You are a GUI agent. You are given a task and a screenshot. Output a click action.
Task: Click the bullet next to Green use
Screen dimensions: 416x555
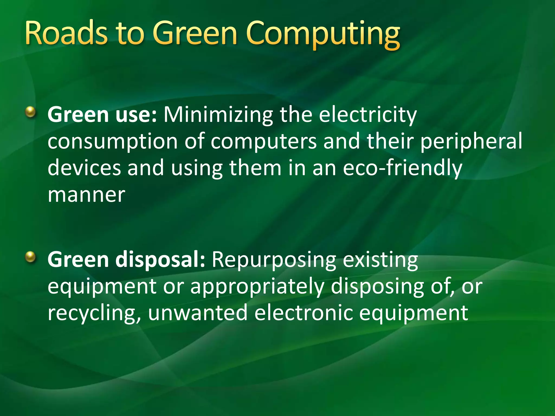coord(31,112)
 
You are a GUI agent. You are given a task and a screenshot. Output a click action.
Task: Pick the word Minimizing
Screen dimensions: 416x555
coord(218,115)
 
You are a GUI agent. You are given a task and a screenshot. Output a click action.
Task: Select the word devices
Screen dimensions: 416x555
coord(84,168)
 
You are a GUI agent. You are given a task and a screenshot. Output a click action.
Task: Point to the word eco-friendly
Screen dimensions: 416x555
coord(402,168)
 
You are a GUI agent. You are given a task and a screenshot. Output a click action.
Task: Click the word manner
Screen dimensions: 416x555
coord(86,195)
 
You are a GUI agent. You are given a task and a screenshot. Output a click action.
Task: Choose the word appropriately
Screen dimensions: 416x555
coord(257,286)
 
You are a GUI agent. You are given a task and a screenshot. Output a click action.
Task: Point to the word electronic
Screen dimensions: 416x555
coord(304,313)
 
